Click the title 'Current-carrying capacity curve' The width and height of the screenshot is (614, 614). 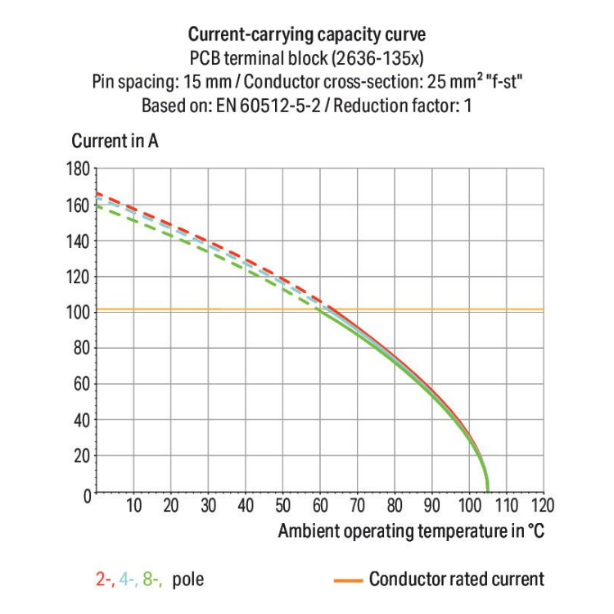point(307,34)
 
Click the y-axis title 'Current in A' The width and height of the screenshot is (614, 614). point(115,141)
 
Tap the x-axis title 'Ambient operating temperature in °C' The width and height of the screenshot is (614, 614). point(411,530)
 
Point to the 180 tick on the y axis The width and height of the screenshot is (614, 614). point(76,169)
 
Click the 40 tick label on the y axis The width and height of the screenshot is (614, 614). point(79,421)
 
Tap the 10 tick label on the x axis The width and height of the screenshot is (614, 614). point(133,506)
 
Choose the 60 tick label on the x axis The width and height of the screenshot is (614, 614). point(320,506)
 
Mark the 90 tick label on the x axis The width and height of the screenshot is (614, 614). point(431,506)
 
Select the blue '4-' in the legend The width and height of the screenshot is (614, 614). point(128,580)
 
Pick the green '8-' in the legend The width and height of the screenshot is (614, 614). point(151,580)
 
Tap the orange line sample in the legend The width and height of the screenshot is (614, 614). point(348,580)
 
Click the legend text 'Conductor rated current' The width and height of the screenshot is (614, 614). point(456,580)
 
